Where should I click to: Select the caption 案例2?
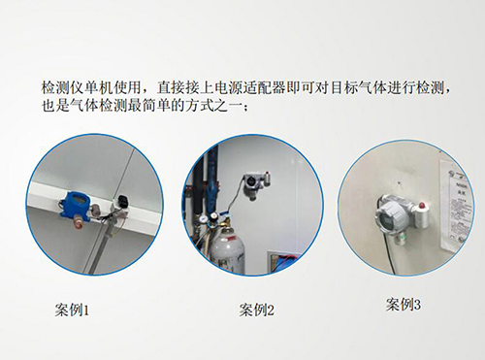point(257,311)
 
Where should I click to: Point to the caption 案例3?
point(403,305)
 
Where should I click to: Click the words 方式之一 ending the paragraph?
point(212,106)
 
